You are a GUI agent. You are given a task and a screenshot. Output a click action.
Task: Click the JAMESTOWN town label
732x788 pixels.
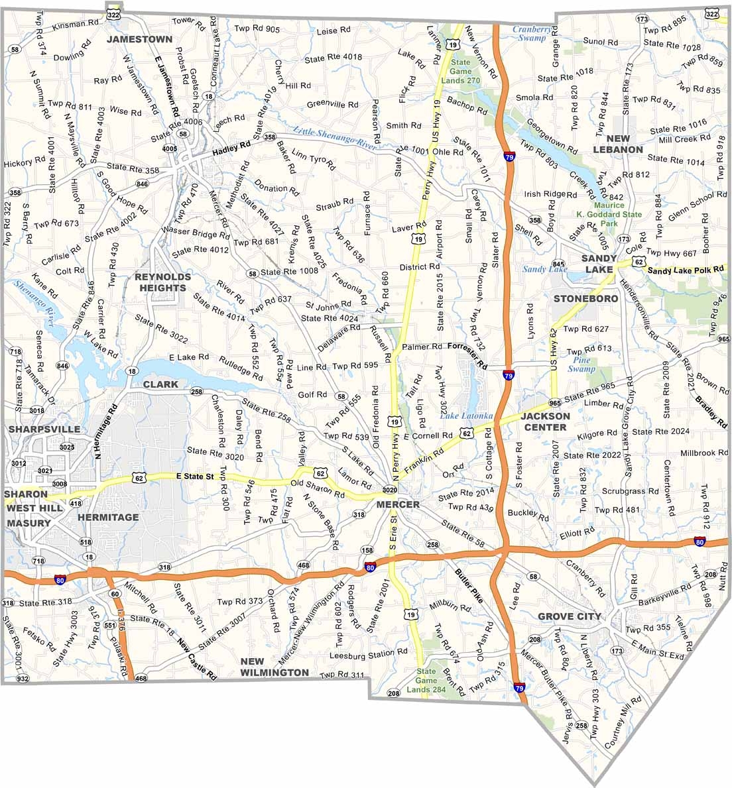click(x=140, y=39)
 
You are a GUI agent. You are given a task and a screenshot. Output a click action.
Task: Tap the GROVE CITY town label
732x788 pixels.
click(x=570, y=616)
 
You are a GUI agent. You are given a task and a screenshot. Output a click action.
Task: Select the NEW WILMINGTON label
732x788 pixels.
click(x=274, y=667)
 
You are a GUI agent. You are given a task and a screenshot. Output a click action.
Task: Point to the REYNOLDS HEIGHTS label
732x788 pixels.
click(x=162, y=282)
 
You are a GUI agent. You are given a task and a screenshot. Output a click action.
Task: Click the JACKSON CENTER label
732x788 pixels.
click(x=544, y=422)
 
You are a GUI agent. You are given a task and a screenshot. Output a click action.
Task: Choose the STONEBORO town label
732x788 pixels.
click(x=585, y=298)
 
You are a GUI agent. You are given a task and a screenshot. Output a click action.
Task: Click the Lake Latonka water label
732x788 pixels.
click(x=466, y=416)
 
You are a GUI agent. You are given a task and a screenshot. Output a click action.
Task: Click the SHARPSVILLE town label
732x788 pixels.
click(x=44, y=429)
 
